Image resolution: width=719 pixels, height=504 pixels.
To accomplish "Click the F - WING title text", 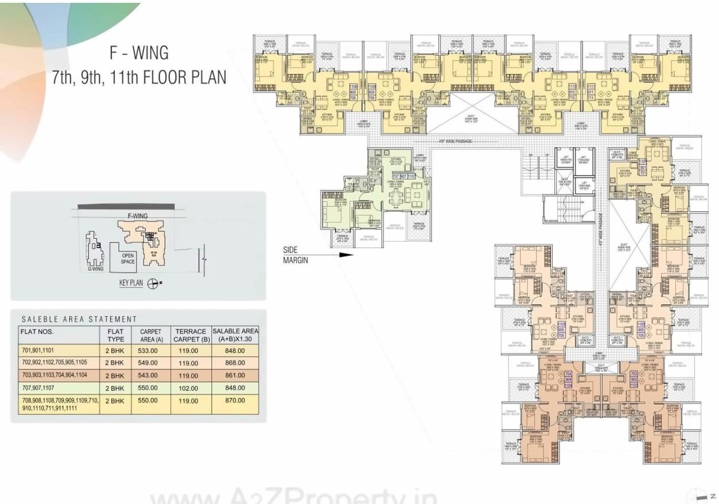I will pos(139,53).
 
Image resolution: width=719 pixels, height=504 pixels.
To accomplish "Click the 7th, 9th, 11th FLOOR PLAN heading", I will pos(139,77).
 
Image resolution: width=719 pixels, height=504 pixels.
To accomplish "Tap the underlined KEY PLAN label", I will pos(131,283).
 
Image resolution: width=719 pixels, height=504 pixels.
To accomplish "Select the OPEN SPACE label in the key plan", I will pos(127,258).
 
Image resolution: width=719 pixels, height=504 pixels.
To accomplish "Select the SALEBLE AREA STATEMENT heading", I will pos(79,319).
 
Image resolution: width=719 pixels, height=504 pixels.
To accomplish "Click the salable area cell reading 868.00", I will pos(235,363).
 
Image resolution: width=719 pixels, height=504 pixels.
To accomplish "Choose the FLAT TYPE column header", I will pos(115,335).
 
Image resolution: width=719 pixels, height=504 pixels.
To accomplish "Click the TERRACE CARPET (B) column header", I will pos(191,335).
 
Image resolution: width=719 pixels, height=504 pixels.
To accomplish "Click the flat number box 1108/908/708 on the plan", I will pos(353,92).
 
